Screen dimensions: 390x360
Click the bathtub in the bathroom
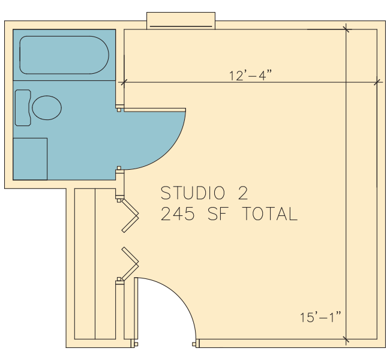[64, 55]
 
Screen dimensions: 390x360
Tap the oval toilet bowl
[47, 108]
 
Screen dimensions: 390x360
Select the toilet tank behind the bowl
[23, 108]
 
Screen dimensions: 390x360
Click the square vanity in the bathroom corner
[30, 159]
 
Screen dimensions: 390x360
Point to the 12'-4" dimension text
[250, 75]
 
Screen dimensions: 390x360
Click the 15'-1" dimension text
[320, 317]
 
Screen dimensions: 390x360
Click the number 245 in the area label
[178, 214]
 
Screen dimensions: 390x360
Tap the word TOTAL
[270, 214]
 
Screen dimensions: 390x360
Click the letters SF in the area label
[218, 214]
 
